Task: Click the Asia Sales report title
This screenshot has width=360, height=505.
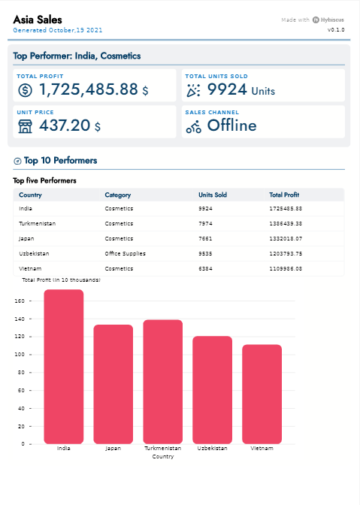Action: [x=38, y=19]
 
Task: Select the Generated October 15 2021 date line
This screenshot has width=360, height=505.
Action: [x=58, y=30]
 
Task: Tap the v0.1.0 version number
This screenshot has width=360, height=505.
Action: [x=336, y=30]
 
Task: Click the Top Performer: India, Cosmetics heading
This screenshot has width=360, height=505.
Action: [x=77, y=56]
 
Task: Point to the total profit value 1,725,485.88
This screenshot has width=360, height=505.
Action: [x=89, y=89]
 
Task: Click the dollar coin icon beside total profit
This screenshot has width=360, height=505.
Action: [x=26, y=90]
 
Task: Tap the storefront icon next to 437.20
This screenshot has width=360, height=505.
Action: [x=26, y=125]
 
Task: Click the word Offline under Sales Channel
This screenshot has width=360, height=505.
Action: [x=231, y=125]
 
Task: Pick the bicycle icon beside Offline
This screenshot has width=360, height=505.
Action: [x=194, y=126]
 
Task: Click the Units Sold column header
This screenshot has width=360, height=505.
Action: [x=213, y=195]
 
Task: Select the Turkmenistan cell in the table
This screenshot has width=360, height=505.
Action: [x=37, y=223]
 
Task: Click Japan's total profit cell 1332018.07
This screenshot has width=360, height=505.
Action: [x=286, y=238]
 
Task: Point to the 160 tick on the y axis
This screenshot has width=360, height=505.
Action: [x=20, y=301]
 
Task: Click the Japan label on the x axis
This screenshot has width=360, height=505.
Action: [x=113, y=449]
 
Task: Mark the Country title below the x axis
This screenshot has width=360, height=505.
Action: [x=162, y=456]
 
